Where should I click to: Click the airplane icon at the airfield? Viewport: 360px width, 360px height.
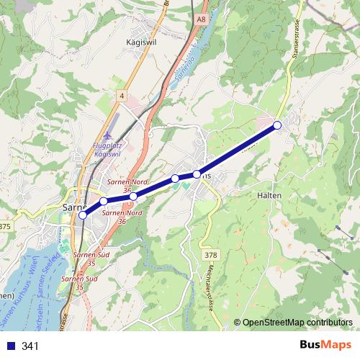tap(109, 135)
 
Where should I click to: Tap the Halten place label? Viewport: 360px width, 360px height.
tap(269, 195)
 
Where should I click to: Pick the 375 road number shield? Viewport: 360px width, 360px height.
tap(6, 226)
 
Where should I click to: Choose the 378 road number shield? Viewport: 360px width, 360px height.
tap(210, 254)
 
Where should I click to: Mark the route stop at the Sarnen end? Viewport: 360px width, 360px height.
tap(83, 215)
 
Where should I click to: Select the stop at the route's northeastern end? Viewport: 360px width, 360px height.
tap(277, 126)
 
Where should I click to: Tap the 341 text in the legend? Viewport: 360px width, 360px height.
tap(30, 346)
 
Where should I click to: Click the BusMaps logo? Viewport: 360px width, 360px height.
tap(323, 345)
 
